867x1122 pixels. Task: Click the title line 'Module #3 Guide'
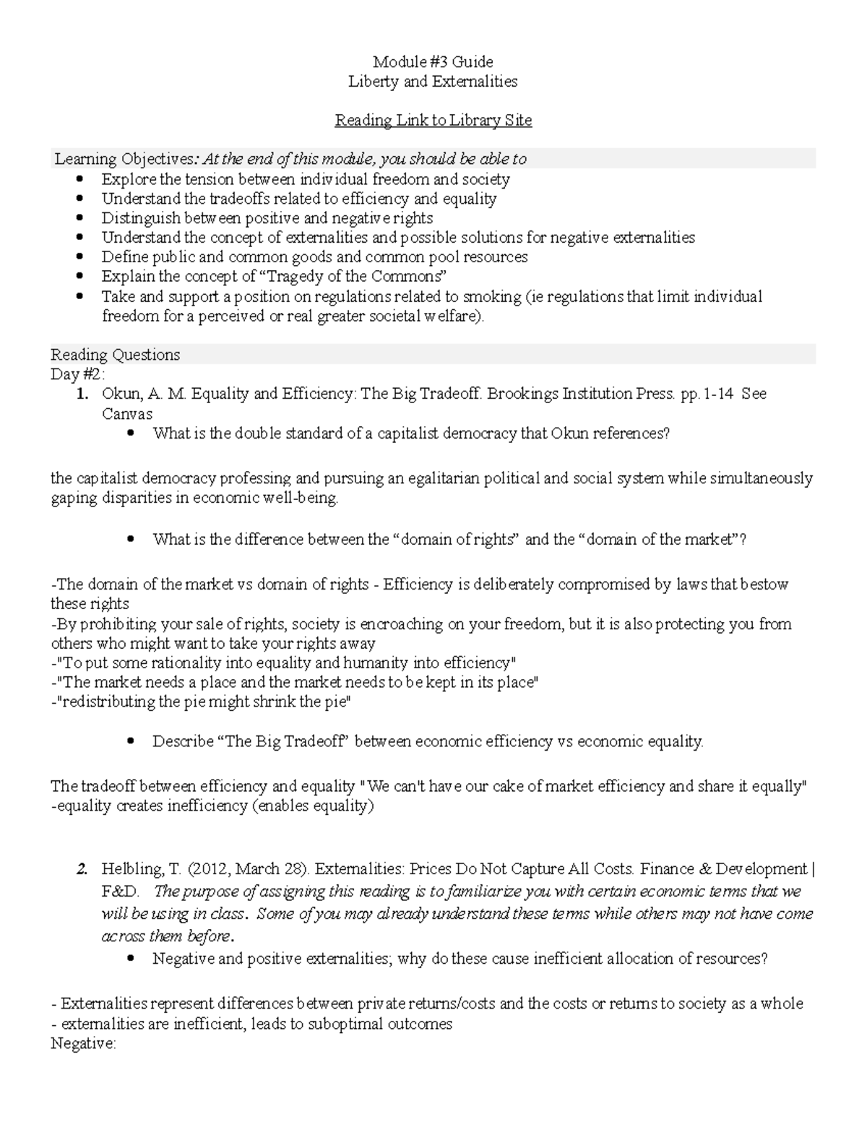pos(433,61)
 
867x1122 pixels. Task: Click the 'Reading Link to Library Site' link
pos(433,120)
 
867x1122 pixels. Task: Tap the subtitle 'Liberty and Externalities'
pos(433,81)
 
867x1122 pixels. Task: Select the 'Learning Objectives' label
pos(124,159)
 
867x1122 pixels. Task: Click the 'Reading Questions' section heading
pos(115,355)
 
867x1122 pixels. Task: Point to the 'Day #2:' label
pos(77,374)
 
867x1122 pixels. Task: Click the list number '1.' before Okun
pos(84,394)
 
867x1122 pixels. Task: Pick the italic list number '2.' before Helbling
pos(83,869)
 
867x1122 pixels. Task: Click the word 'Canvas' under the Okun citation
pos(127,414)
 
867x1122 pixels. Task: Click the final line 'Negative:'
pos(83,1043)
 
